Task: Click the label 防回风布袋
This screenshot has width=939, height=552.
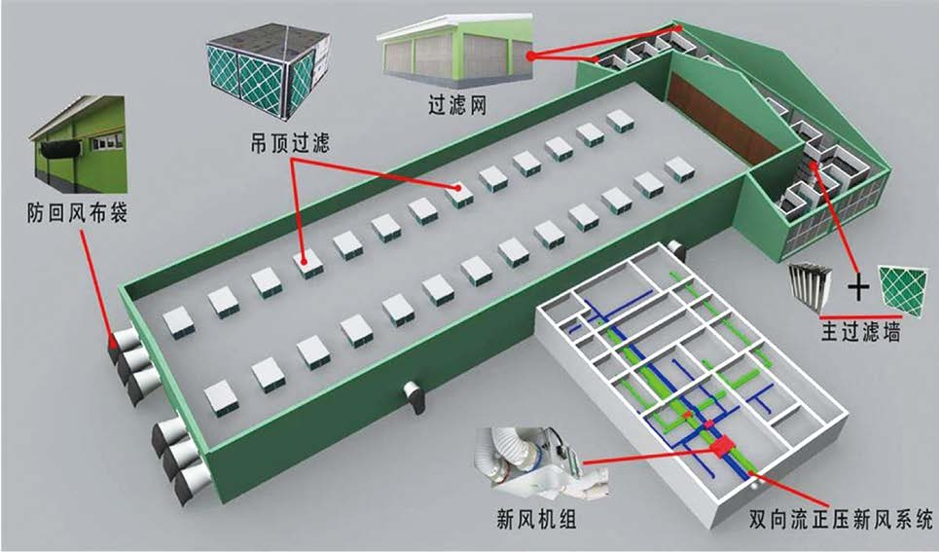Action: pyautogui.click(x=77, y=213)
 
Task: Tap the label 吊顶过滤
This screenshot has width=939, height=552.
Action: pyautogui.click(x=290, y=143)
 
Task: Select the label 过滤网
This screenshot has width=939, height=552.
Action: pyautogui.click(x=457, y=105)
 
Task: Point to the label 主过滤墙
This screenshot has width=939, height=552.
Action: pyautogui.click(x=860, y=331)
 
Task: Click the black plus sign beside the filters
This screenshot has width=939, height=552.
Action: pyautogui.click(x=858, y=288)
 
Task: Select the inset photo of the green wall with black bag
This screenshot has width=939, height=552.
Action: pyautogui.click(x=79, y=144)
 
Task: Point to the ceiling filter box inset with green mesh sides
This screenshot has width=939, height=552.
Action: pyautogui.click(x=269, y=69)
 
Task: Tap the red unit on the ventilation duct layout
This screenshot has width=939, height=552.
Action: pyautogui.click(x=722, y=447)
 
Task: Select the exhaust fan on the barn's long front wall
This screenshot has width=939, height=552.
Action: pyautogui.click(x=414, y=394)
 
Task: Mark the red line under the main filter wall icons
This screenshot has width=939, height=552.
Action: pyautogui.click(x=860, y=315)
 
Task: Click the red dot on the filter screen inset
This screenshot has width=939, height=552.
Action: pyautogui.click(x=530, y=55)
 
